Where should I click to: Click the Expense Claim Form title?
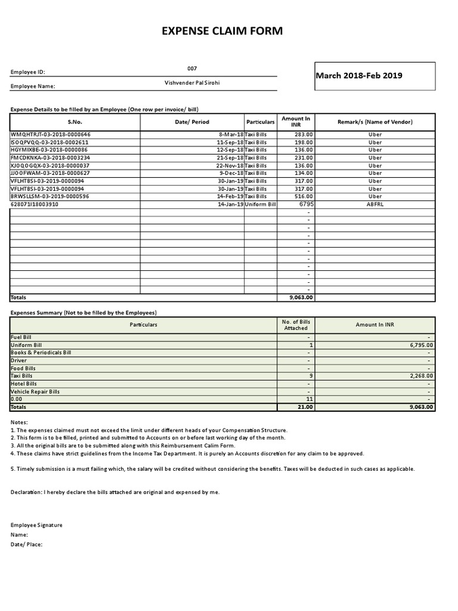pos(222,31)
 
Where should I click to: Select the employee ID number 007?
pos(191,69)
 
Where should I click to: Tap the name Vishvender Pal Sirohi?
pos(192,83)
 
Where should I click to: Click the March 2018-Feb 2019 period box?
pos(359,76)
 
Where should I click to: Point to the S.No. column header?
pos(75,122)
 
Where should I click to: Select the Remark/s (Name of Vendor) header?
pos(375,122)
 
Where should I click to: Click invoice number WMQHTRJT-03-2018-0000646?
pos(51,134)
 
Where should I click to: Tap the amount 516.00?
pos(304,196)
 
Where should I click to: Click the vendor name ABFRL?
pos(375,204)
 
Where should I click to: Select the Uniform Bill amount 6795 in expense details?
pos(306,204)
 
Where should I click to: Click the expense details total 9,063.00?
pos(301,297)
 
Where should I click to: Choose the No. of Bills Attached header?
pos(296,325)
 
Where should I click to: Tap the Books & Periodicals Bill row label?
pos(41,353)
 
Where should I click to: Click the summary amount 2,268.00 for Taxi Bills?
pos(421,376)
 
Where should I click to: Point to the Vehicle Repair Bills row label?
pos(35,391)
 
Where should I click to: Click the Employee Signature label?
pos(36,525)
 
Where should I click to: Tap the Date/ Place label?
pos(27,544)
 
